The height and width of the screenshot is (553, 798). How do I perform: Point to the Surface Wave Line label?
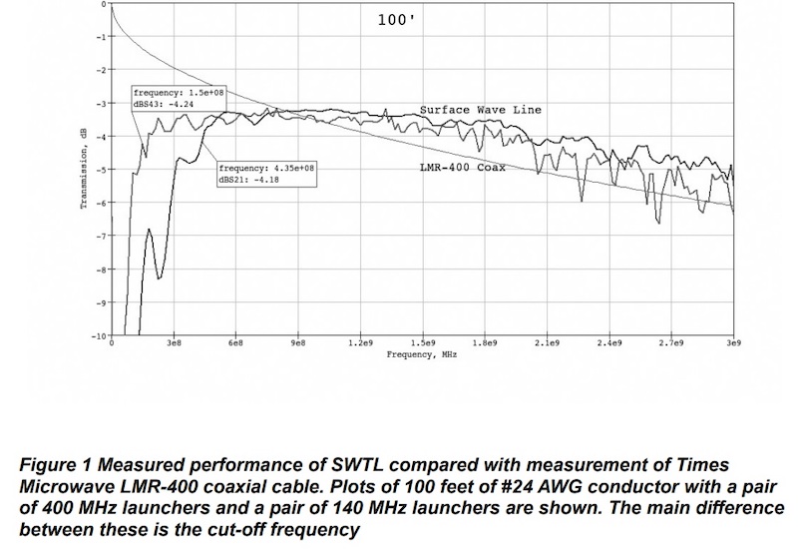[480, 110]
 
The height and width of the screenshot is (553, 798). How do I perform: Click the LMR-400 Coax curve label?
[462, 168]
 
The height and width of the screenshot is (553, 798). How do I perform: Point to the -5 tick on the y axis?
[101, 170]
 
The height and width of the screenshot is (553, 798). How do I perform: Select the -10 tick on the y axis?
[99, 336]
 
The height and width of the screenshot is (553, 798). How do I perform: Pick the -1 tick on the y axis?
[101, 37]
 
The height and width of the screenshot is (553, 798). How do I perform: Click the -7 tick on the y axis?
[101, 237]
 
